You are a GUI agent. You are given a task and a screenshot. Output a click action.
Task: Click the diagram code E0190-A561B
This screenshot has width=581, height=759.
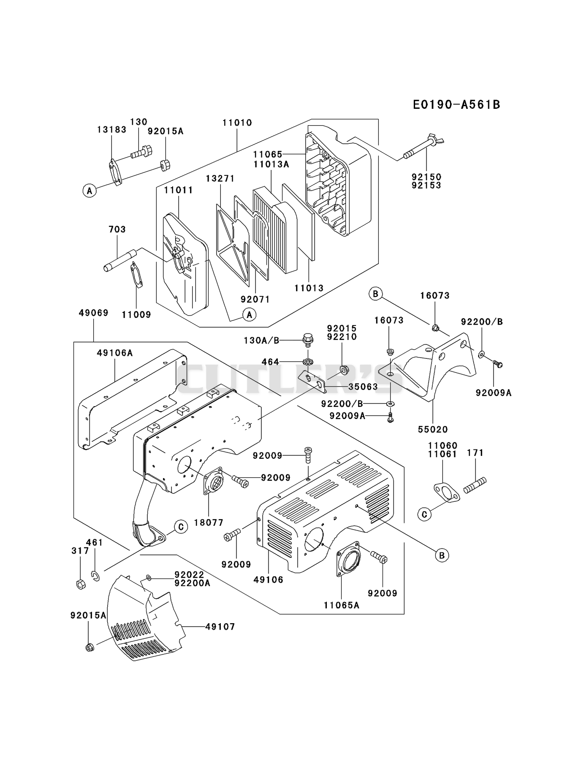click(456, 104)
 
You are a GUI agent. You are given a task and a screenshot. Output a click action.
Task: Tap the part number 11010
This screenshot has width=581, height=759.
click(237, 123)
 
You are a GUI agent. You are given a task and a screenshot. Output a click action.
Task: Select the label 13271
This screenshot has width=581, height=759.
click(220, 179)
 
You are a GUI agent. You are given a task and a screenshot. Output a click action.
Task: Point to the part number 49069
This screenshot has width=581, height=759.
click(94, 313)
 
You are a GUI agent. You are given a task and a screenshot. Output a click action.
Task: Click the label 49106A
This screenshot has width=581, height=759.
click(115, 353)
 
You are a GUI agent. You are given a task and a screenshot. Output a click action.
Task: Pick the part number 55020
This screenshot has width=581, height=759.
click(433, 429)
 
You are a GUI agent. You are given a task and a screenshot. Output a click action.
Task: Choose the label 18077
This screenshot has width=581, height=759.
click(209, 522)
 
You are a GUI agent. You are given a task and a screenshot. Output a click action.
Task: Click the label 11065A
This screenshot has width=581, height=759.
click(342, 606)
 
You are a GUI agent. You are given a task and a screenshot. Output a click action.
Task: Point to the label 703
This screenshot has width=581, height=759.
click(117, 229)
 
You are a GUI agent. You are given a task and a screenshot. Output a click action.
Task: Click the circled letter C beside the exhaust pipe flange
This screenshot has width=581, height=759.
click(181, 527)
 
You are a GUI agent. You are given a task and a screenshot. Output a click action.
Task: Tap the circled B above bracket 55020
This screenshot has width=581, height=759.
click(375, 293)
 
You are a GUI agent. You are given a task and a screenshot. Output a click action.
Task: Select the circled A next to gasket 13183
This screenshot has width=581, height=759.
click(90, 191)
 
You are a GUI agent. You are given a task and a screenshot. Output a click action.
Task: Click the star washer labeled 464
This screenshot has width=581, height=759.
click(307, 362)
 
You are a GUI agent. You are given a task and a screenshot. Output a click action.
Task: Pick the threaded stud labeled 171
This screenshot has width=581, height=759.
click(475, 485)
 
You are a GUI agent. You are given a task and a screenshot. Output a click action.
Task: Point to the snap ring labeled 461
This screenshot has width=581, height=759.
click(96, 576)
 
